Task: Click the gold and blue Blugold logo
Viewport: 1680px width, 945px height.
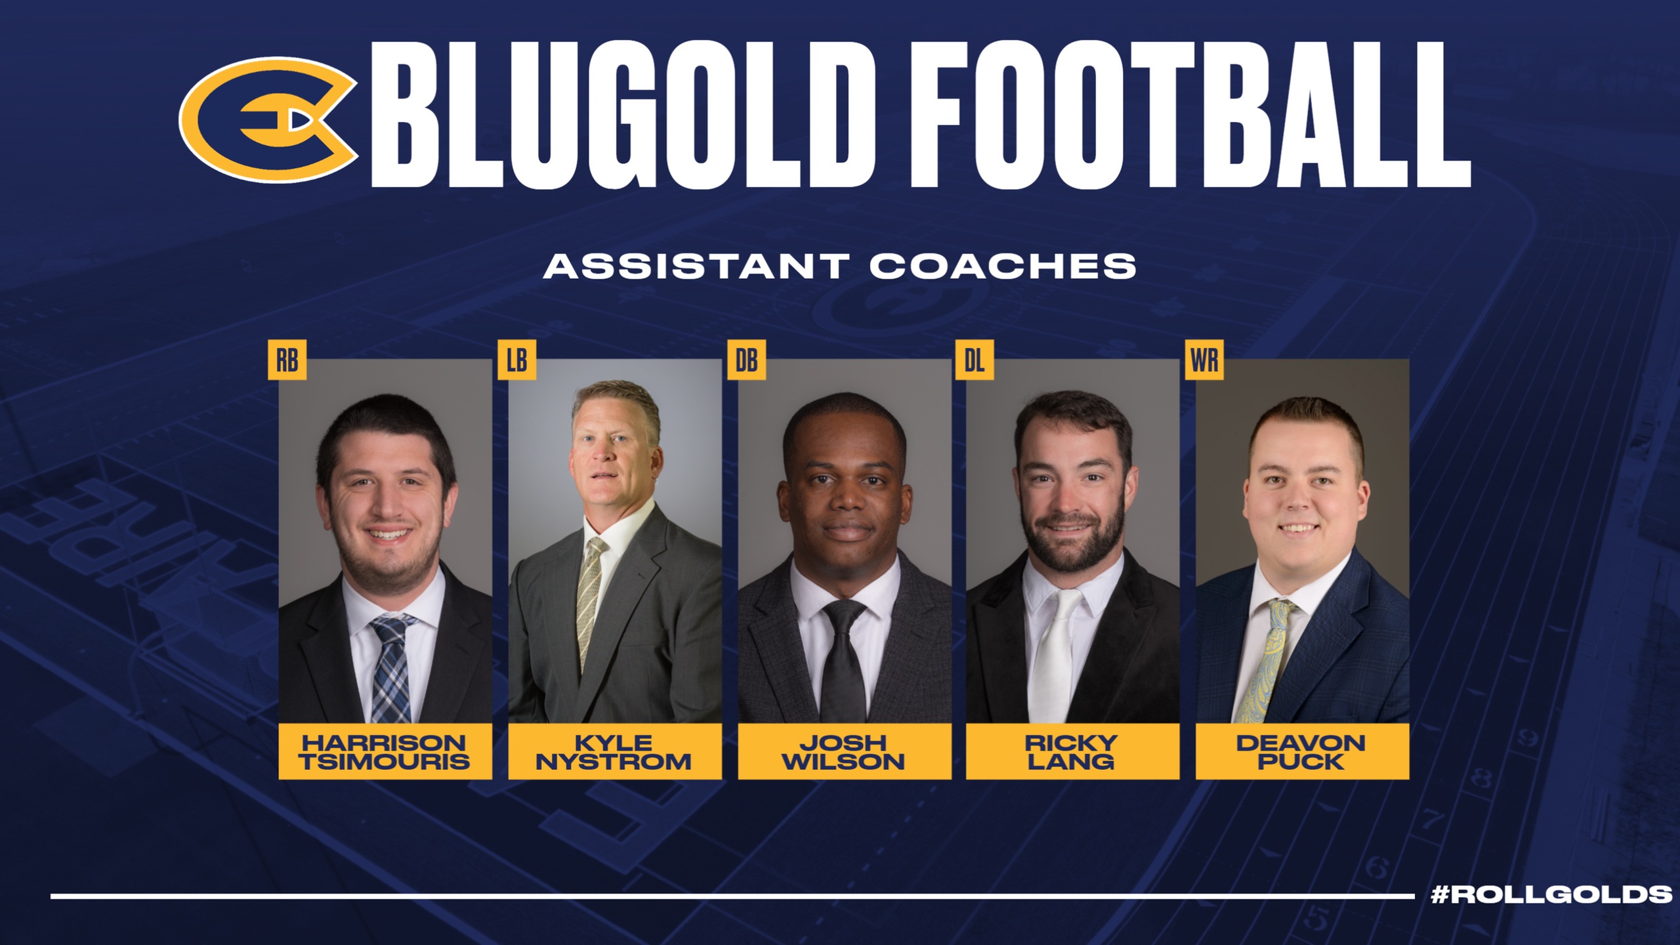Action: (269, 119)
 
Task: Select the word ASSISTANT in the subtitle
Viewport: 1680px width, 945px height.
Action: (696, 266)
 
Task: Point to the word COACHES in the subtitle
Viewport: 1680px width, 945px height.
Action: (1003, 266)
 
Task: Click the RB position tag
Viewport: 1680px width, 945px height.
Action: (287, 360)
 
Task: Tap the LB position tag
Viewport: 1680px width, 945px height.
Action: (516, 360)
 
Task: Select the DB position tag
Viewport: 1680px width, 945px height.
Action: (746, 360)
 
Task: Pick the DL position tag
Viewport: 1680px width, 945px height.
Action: (975, 360)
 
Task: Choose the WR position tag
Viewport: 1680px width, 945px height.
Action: (1204, 360)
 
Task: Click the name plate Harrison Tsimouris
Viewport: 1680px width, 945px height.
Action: (385, 751)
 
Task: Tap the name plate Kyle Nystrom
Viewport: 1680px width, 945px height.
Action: (615, 751)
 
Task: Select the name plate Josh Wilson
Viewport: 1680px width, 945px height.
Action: (845, 751)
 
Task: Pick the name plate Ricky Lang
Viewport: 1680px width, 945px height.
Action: (1072, 751)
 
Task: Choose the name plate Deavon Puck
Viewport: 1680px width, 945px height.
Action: (1302, 751)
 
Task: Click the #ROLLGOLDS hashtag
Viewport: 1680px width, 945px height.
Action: (1551, 894)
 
